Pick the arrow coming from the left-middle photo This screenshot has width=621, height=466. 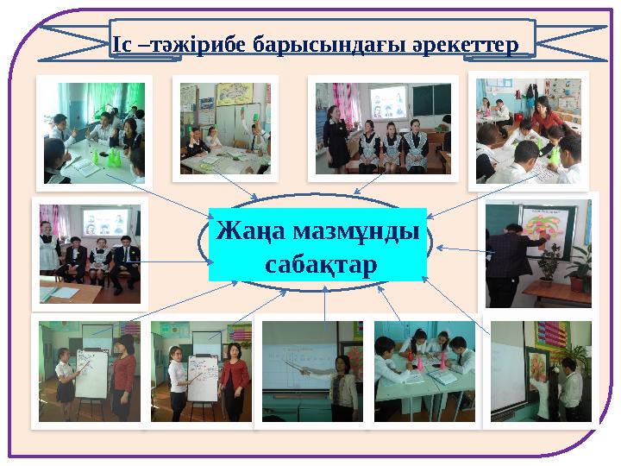(x=172, y=261)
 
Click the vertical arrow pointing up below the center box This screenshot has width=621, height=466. (x=323, y=302)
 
